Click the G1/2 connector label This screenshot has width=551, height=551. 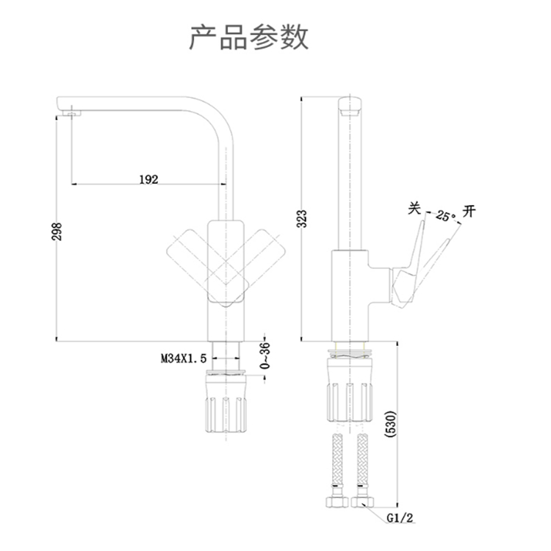pyautogui.click(x=401, y=519)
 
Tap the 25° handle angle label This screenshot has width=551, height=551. pyautogui.click(x=444, y=216)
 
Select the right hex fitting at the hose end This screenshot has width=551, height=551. pyautogui.click(x=363, y=503)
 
